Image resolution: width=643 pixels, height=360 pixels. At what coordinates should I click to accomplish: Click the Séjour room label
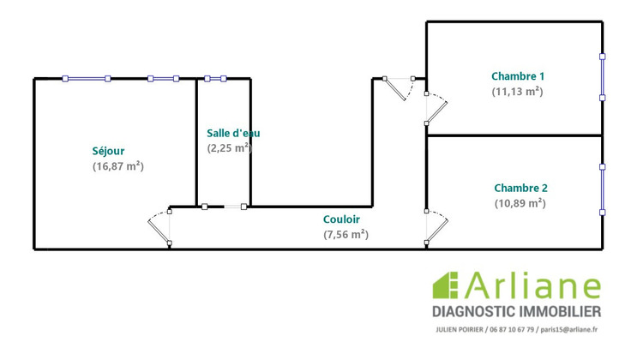108,151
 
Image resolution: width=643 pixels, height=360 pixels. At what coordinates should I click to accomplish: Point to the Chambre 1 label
518,75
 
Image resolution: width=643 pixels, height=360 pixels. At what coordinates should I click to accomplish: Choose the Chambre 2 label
520,188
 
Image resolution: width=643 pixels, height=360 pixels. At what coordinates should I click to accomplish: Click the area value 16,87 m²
117,166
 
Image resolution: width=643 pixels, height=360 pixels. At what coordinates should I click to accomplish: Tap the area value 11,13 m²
518,91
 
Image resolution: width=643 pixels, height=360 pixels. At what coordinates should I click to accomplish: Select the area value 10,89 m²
520,203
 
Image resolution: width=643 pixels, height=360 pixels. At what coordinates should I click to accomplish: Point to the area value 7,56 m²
346,234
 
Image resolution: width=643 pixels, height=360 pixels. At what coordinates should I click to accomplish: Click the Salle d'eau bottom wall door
225,207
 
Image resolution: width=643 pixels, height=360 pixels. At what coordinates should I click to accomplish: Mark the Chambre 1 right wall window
602,78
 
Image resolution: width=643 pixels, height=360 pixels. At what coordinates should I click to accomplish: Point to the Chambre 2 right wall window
602,188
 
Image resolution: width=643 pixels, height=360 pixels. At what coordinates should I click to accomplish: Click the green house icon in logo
445,286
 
